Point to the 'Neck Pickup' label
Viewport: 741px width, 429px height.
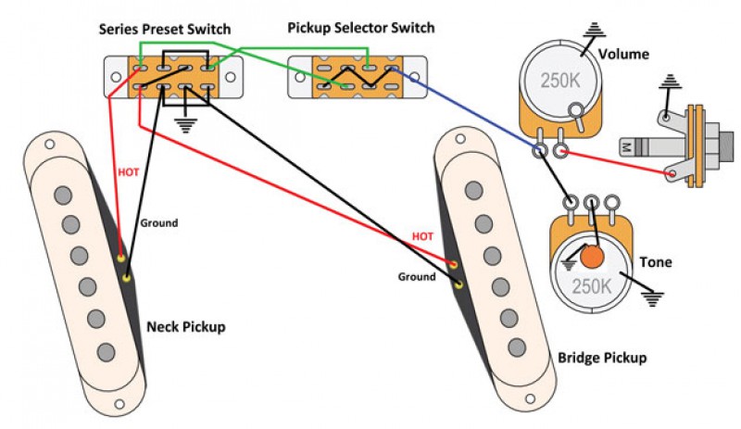click(x=185, y=327)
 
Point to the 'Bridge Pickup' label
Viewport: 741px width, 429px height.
click(x=602, y=357)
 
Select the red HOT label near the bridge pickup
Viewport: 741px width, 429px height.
click(x=422, y=237)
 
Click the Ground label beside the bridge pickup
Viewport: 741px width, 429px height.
click(x=417, y=276)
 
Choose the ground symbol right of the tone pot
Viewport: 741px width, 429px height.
click(x=654, y=297)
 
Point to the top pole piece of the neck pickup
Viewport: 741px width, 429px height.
click(x=63, y=195)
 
